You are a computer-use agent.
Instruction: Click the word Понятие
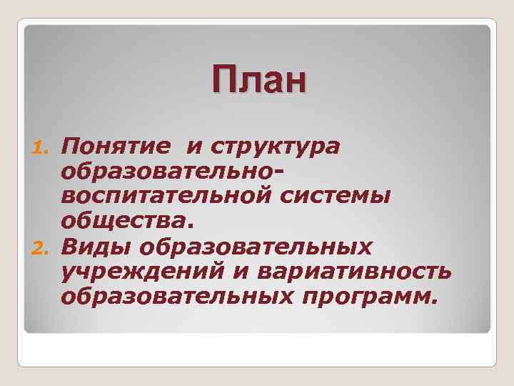(116, 147)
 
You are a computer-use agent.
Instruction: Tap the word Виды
(96, 247)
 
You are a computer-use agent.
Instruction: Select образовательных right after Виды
(256, 247)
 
